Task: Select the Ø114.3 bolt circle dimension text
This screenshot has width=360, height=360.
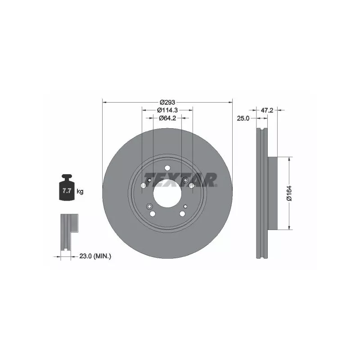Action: pyautogui.click(x=167, y=110)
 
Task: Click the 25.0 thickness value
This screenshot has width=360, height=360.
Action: pyautogui.click(x=243, y=118)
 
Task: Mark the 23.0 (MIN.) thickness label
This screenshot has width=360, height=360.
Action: pyautogui.click(x=95, y=256)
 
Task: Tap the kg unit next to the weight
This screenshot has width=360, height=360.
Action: pyautogui.click(x=80, y=192)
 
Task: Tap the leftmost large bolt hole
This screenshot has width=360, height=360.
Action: pyautogui.click(x=143, y=185)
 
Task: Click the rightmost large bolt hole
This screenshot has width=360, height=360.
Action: pyautogui.click(x=192, y=185)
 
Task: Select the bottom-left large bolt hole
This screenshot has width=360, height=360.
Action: pyautogui.click(x=153, y=214)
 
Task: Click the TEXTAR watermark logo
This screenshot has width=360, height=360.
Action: pyautogui.click(x=180, y=180)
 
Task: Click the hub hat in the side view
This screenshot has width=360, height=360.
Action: pyautogui.click(x=273, y=193)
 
